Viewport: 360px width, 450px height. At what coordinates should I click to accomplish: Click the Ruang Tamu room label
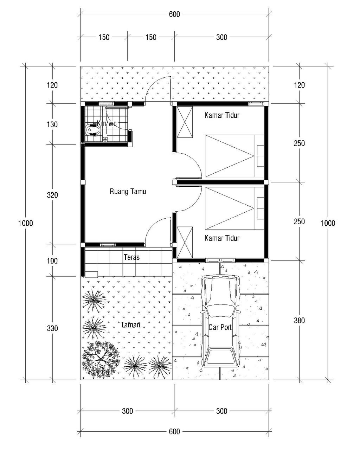128,191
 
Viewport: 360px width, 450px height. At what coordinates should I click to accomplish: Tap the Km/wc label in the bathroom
107,123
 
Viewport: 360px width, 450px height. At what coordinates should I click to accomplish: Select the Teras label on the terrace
131,257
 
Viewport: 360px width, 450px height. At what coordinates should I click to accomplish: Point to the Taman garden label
130,325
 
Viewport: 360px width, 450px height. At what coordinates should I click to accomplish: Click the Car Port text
220,327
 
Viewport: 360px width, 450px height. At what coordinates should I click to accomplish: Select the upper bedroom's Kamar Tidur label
222,115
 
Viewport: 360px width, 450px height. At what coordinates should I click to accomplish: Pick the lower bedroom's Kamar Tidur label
222,238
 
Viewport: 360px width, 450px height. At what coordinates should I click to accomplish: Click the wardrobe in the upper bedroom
185,122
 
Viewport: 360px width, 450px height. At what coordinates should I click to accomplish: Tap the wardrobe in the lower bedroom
185,242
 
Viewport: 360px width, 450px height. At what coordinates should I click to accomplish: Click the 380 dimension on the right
299,320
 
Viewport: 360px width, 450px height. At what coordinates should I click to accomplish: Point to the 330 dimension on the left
52,328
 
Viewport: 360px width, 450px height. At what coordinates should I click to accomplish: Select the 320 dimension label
52,195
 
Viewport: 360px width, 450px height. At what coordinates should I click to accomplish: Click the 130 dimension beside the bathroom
52,124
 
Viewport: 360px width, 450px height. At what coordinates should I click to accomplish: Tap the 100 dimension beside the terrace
52,261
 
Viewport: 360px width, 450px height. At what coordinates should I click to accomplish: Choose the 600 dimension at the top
174,14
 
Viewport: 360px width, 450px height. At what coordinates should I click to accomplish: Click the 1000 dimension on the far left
26,223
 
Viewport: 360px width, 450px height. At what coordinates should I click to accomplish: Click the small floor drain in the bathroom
105,139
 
